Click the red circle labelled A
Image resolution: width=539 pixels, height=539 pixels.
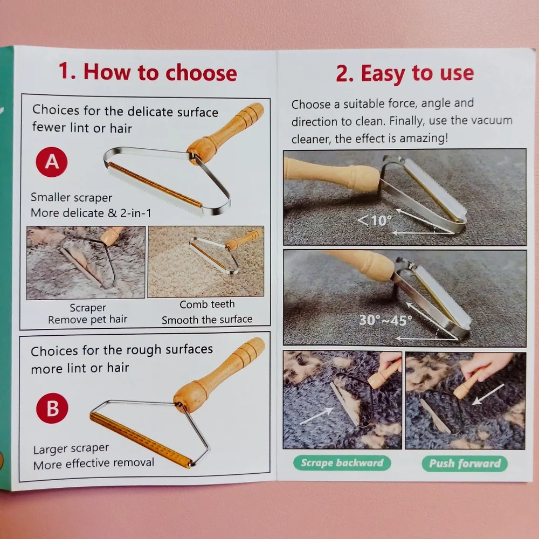(x=52, y=162)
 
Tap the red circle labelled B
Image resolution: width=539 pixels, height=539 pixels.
(x=52, y=408)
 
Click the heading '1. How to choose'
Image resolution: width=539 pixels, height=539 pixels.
(x=148, y=72)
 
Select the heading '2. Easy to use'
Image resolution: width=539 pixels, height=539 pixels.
(x=405, y=73)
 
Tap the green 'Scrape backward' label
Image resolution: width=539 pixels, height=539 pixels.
(x=342, y=462)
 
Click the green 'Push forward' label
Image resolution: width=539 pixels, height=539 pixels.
(x=465, y=464)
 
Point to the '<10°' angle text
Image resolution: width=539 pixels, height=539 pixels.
(x=375, y=220)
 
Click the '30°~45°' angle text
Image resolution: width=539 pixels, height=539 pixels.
(x=385, y=320)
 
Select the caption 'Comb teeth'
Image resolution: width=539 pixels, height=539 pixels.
(x=207, y=304)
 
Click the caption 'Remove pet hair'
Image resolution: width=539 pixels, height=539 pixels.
(x=88, y=320)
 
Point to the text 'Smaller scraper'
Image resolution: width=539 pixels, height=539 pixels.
(x=72, y=197)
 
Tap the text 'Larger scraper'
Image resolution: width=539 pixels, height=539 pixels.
(x=71, y=448)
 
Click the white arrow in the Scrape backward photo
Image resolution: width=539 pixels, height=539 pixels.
(x=316, y=416)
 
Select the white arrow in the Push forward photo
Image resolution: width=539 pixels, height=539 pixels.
(x=488, y=395)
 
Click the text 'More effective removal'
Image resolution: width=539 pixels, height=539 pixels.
(x=93, y=464)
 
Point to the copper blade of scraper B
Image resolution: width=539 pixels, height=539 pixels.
(x=140, y=440)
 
